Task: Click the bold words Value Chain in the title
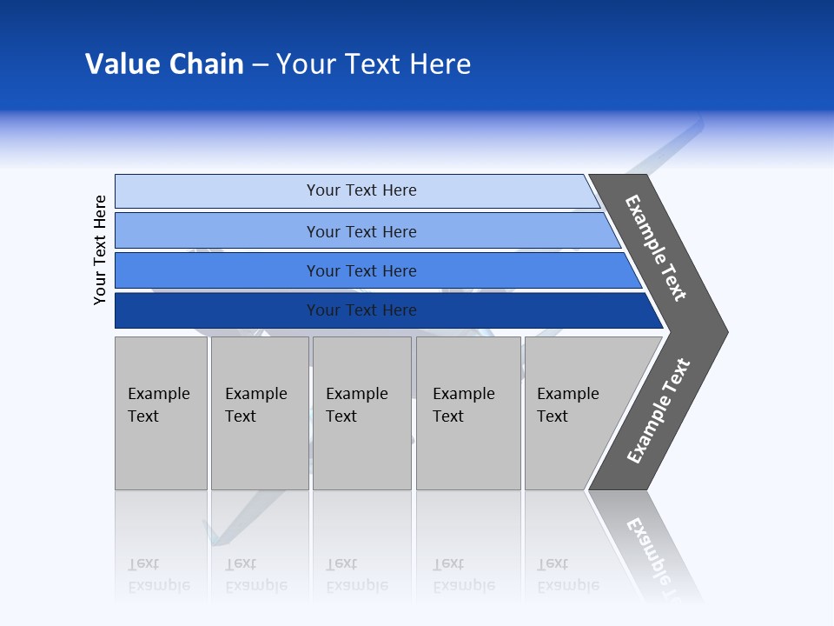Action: (164, 64)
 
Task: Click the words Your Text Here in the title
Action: (374, 64)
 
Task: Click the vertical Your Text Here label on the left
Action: (100, 250)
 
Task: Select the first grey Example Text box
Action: (161, 413)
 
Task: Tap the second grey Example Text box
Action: (259, 413)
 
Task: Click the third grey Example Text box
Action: (361, 413)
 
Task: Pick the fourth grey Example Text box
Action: (468, 413)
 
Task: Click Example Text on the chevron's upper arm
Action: (656, 248)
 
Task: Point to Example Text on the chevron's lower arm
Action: (658, 411)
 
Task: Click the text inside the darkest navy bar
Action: (361, 310)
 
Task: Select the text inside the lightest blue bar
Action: (361, 190)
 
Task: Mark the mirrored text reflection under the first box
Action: (158, 575)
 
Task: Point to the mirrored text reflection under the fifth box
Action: (567, 575)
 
